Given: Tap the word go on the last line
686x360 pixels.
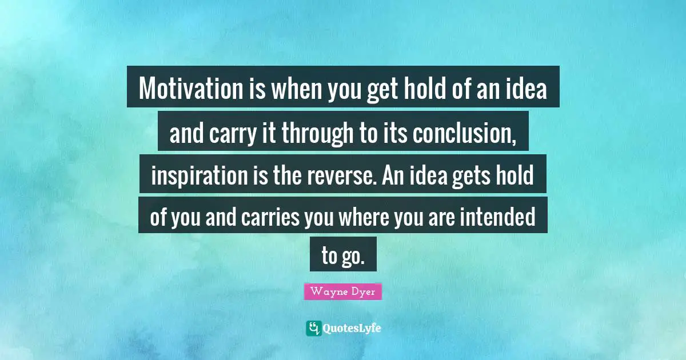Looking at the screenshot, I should point(353,255).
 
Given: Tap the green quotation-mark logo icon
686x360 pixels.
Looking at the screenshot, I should point(313,328).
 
